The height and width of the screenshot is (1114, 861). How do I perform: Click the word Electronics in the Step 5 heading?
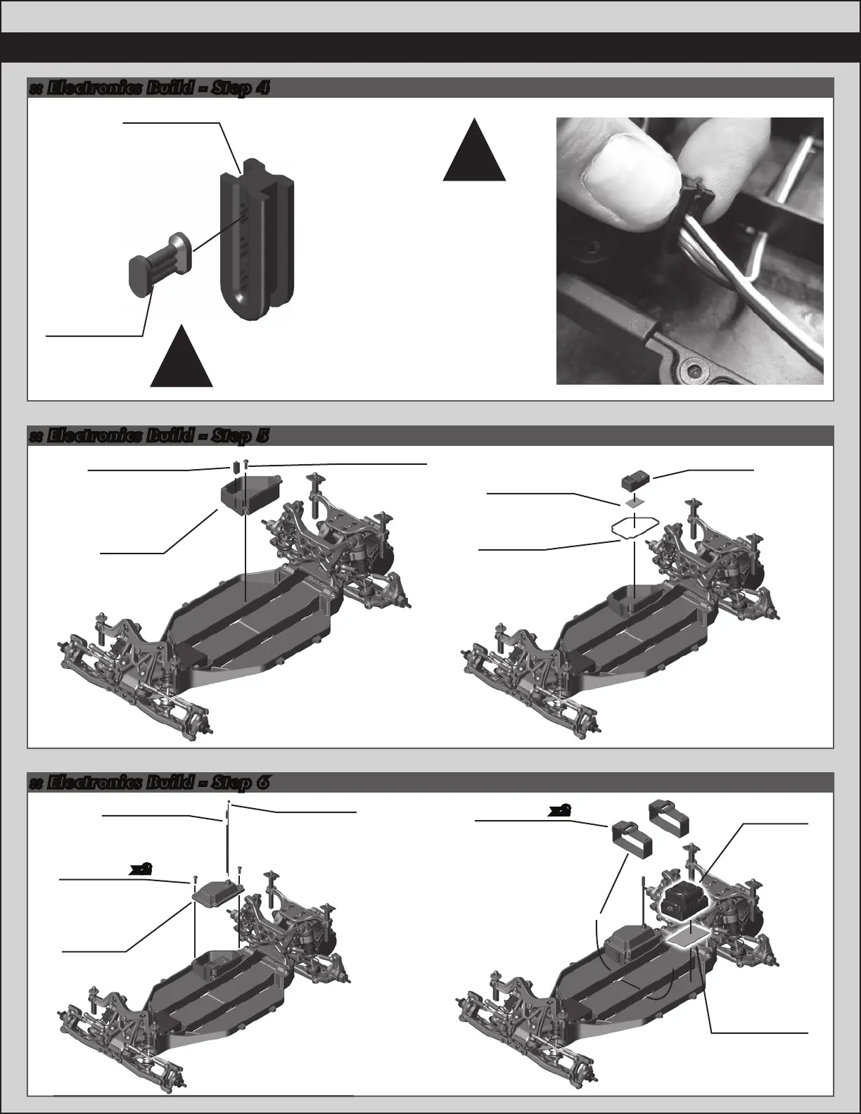[93, 436]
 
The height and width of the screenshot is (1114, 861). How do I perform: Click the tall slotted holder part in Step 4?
[257, 239]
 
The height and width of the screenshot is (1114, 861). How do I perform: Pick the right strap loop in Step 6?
[669, 818]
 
